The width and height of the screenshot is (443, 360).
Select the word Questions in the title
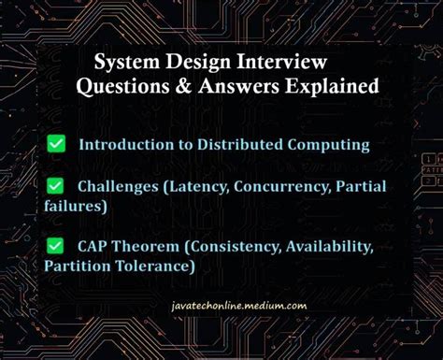click(121, 88)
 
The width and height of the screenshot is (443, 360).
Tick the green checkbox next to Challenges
click(56, 187)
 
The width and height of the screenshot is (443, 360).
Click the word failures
click(74, 205)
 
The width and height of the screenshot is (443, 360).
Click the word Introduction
click(121, 145)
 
